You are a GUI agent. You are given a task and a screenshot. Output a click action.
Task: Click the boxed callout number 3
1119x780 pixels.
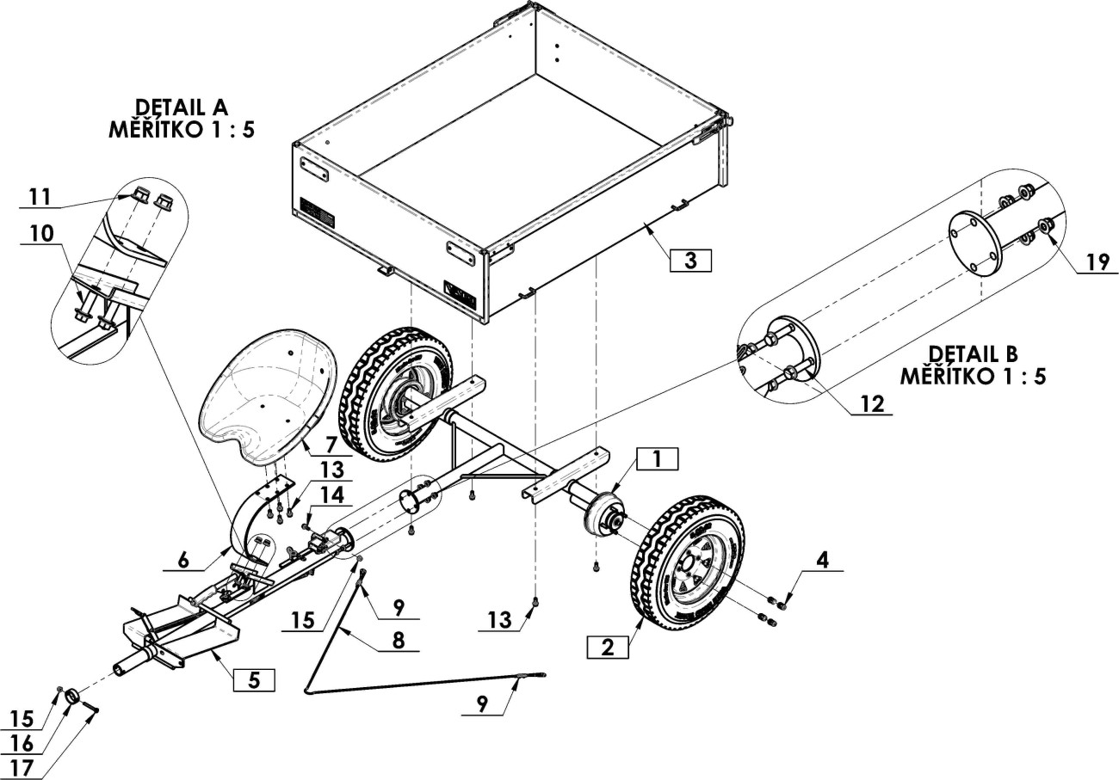[690, 261]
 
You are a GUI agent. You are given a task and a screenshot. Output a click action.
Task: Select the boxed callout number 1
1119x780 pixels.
[657, 459]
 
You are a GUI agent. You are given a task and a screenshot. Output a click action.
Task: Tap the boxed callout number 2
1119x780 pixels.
[608, 648]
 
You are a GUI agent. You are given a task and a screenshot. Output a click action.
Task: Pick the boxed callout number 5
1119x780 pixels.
[254, 679]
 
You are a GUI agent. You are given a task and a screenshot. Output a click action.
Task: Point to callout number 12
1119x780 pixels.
[873, 403]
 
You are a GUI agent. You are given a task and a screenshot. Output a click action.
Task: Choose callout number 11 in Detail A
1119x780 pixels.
[40, 197]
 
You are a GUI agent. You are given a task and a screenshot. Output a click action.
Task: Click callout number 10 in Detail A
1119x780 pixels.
[42, 234]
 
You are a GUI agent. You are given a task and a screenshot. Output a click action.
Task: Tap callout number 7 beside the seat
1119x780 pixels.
[332, 444]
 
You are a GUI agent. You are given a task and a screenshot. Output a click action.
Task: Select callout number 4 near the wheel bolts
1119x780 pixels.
[823, 560]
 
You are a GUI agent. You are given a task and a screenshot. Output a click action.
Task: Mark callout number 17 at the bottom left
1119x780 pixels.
[21, 768]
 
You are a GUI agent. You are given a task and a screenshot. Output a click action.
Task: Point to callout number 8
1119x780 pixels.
[399, 641]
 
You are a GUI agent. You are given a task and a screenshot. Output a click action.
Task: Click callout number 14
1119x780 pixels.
[332, 495]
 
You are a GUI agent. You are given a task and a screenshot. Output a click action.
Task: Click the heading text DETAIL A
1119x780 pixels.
[182, 107]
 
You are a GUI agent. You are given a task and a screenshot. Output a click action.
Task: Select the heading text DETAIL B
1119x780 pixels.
[973, 353]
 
